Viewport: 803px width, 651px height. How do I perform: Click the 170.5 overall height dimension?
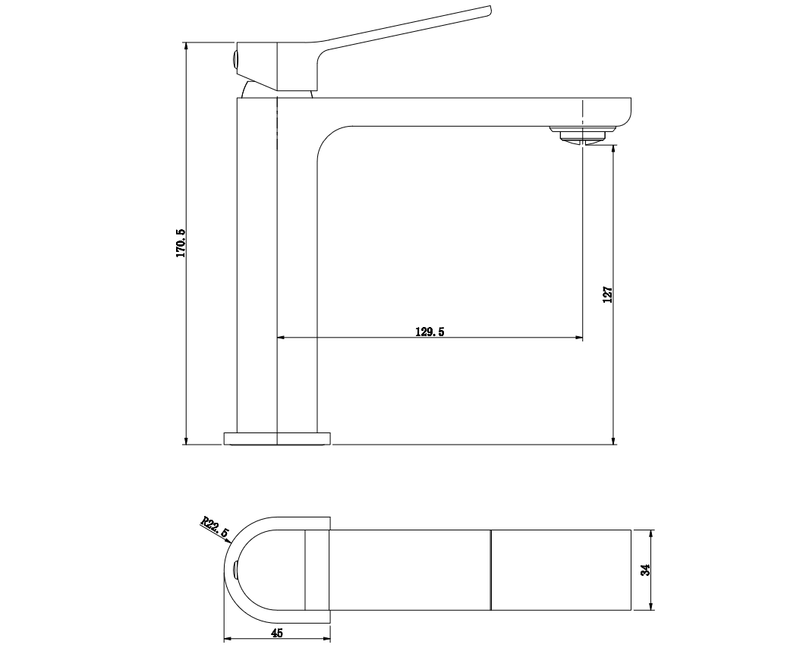(181, 243)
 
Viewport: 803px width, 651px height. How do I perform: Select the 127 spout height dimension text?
(608, 294)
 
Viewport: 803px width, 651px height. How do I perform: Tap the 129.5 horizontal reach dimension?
(430, 332)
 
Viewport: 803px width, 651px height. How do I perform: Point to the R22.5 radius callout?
(214, 527)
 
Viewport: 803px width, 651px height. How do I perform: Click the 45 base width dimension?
(276, 633)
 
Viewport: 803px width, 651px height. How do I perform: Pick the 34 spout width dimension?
(646, 570)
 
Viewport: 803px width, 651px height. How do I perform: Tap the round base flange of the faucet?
(277, 439)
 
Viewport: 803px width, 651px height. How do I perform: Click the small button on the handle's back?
(235, 59)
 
